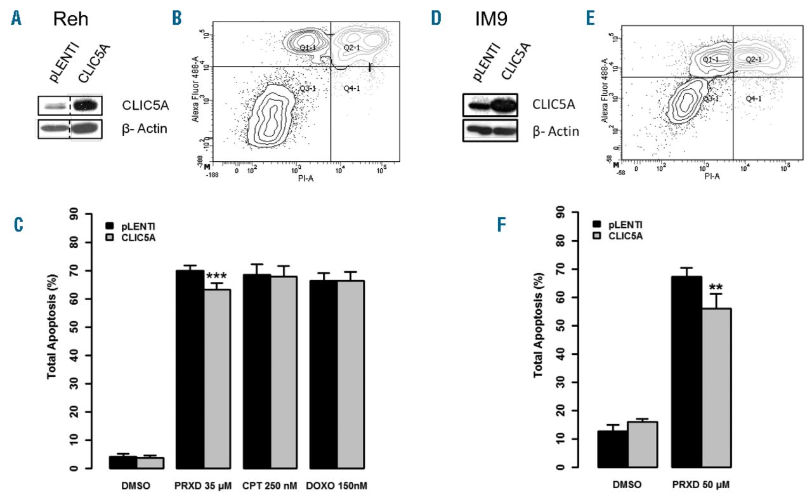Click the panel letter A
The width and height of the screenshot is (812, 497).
click(x=16, y=19)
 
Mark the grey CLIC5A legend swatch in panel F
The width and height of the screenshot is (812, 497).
click(x=598, y=235)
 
